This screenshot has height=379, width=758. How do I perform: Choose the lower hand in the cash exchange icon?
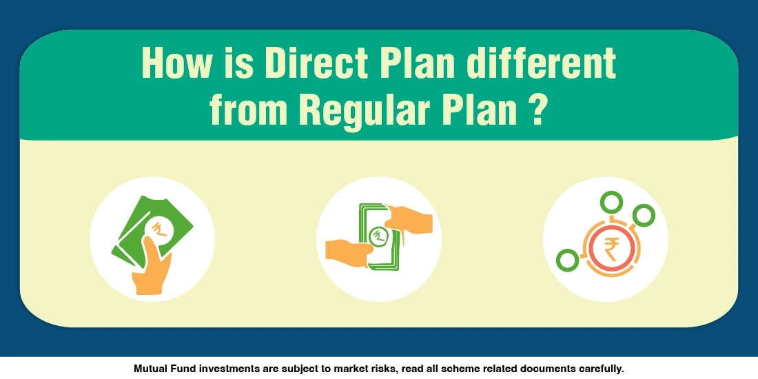(348, 251)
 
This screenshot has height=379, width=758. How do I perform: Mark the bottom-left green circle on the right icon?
(567, 261)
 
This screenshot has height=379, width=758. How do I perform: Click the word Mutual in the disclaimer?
(150, 369)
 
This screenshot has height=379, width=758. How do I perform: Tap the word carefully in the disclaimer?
(600, 369)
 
